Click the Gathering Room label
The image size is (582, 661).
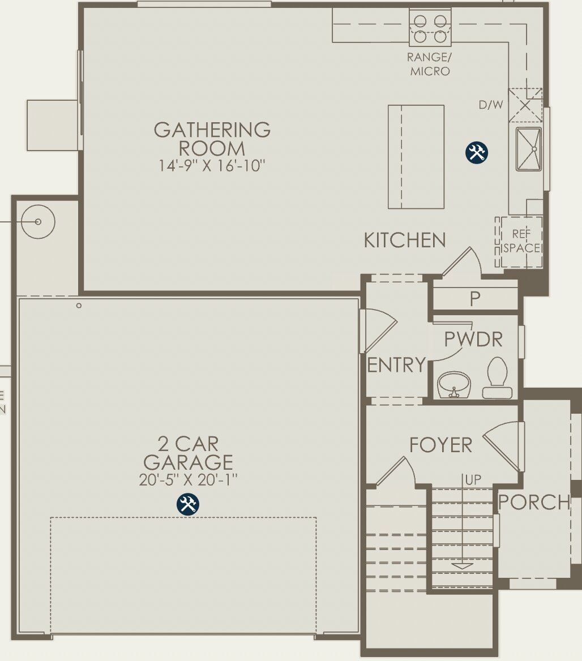(212, 139)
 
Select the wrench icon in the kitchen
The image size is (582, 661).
(477, 153)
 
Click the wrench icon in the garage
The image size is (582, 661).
(188, 504)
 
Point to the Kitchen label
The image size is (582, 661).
(404, 241)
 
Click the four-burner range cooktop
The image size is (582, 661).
(430, 28)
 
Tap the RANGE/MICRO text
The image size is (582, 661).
(430, 65)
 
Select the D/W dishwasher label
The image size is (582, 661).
(490, 105)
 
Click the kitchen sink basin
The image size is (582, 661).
(528, 148)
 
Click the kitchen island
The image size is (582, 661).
(416, 157)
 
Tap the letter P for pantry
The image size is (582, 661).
(475, 299)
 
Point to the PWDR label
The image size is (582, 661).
(473, 340)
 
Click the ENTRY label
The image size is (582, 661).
(396, 365)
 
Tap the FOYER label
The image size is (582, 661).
(440, 445)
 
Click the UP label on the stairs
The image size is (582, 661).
(473, 479)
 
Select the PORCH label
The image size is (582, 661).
(533, 502)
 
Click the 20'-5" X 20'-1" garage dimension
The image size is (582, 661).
(188, 480)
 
